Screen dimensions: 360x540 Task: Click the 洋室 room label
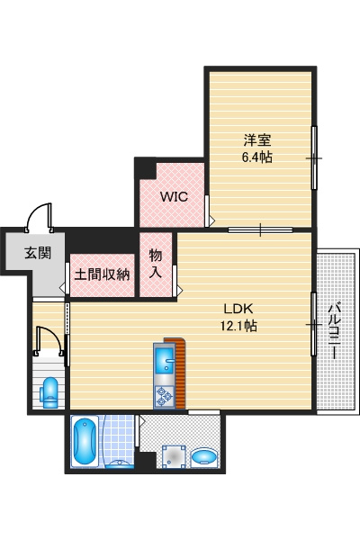click(257, 140)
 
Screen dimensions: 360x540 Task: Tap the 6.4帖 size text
click(257, 157)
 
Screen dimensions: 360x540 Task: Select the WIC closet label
click(174, 196)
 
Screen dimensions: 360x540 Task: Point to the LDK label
click(238, 309)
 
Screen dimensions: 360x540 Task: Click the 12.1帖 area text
click(238, 325)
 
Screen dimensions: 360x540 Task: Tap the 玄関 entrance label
click(38, 253)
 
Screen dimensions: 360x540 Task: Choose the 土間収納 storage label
click(102, 274)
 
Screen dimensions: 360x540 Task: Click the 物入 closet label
click(156, 264)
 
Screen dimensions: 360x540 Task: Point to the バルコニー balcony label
click(333, 330)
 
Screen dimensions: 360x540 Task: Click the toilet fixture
click(49, 392)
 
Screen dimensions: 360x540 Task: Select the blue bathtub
click(84, 442)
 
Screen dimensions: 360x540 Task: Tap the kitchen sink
click(165, 360)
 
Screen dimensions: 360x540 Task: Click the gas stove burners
click(164, 396)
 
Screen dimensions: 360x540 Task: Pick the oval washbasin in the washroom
click(204, 457)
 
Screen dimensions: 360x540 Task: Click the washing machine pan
click(174, 457)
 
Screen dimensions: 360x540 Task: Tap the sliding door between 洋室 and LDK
click(260, 229)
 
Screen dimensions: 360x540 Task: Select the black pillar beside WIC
click(146, 168)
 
